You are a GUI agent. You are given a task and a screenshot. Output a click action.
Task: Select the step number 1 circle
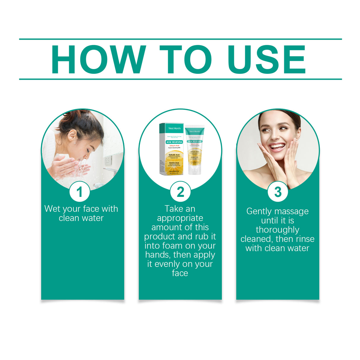tap(79, 192)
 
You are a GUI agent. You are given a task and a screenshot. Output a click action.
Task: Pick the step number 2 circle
tap(180, 192)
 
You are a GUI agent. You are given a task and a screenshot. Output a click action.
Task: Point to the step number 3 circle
tap(278, 192)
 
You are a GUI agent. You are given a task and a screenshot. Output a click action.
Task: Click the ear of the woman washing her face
tap(71, 136)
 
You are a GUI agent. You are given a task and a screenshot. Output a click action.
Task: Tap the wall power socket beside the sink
tap(108, 160)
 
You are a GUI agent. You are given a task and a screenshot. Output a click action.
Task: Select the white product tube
tap(195, 151)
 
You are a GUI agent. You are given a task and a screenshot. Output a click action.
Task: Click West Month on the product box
tap(174, 128)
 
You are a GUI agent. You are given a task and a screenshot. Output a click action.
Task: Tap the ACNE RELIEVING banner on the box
tap(174, 142)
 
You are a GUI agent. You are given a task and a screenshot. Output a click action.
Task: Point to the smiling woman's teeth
tap(278, 146)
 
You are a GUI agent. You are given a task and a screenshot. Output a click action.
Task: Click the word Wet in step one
tap(52, 209)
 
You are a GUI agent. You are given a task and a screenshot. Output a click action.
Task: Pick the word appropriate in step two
tap(180, 218)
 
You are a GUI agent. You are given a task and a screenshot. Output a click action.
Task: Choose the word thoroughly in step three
tap(278, 230)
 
